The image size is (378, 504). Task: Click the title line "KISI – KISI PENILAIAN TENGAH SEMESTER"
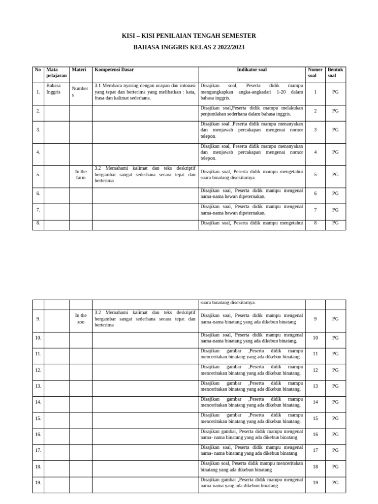pyautogui.click(x=189, y=36)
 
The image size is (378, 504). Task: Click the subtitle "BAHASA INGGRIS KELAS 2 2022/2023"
pyautogui.click(x=189, y=47)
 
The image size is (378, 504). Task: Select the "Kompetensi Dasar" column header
pyautogui.click(x=114, y=70)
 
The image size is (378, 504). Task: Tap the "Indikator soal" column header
pyautogui.click(x=252, y=70)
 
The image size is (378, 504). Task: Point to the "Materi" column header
pyautogui.click(x=79, y=70)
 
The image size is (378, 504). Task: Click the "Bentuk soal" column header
pyautogui.click(x=335, y=73)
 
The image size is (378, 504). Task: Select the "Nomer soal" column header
pyautogui.click(x=315, y=73)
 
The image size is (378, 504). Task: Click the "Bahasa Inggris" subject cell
pyautogui.click(x=54, y=89)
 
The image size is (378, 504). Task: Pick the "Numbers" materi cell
pyautogui.click(x=80, y=92)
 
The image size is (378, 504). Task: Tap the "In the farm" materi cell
pyautogui.click(x=81, y=175)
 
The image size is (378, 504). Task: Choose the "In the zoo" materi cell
pyautogui.click(x=81, y=318)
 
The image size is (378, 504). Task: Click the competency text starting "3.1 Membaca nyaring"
pyautogui.click(x=145, y=92)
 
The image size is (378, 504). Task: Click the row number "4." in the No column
pyautogui.click(x=38, y=152)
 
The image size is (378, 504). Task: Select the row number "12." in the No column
pyautogui.click(x=38, y=370)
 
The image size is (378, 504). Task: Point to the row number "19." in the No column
pyautogui.click(x=38, y=483)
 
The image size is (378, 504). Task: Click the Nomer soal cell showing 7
pyautogui.click(x=315, y=210)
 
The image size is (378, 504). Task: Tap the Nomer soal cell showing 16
pyautogui.click(x=315, y=435)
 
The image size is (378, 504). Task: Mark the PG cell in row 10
pyautogui.click(x=335, y=338)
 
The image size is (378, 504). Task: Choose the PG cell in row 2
pyautogui.click(x=335, y=111)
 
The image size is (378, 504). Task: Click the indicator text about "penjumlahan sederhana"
pyautogui.click(x=252, y=111)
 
